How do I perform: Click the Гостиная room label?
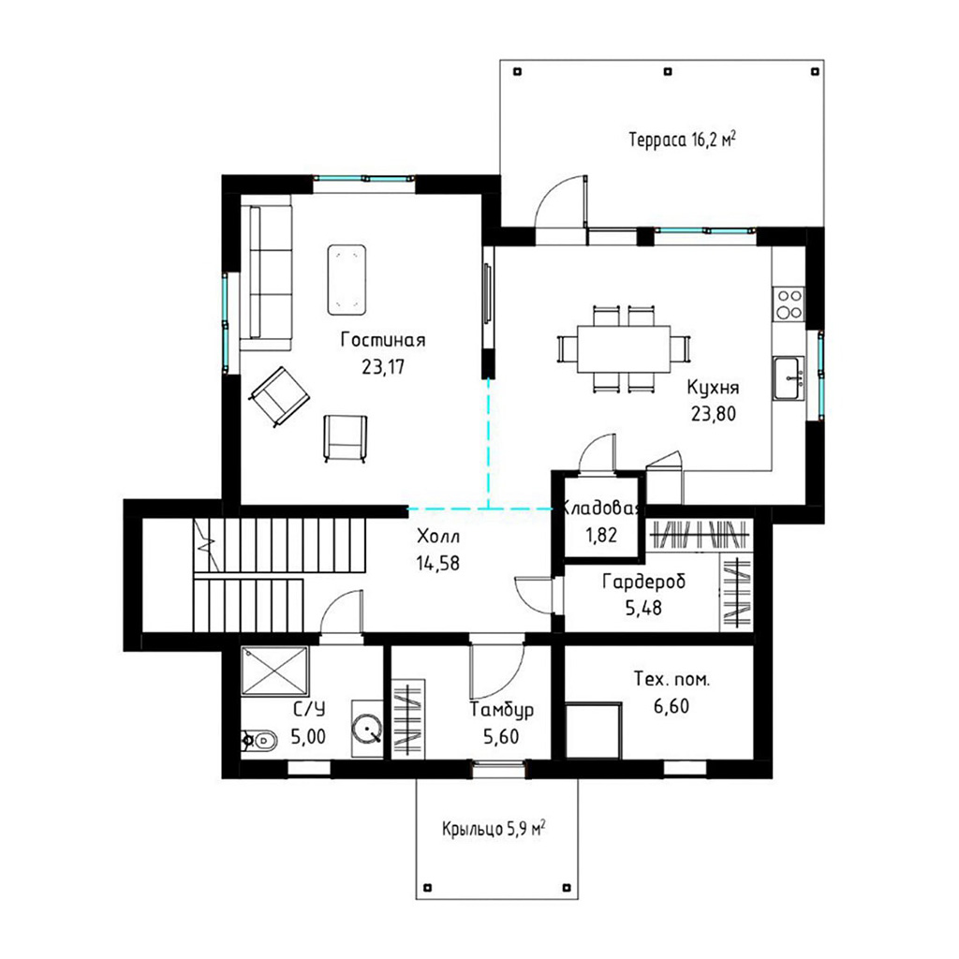point(383,339)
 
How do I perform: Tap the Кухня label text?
point(713,387)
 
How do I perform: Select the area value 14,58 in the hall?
point(438,563)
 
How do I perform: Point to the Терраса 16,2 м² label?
point(682,140)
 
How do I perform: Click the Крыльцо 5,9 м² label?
point(494,830)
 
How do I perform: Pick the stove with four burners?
point(789,304)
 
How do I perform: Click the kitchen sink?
point(789,378)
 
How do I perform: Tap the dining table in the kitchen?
point(624,348)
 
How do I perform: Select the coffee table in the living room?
point(347,279)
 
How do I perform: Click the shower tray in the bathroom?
point(274,671)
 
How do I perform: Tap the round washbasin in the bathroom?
point(367,729)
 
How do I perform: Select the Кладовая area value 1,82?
point(601,535)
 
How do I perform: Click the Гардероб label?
point(644,581)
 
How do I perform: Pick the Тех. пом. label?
point(671,679)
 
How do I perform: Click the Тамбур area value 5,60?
point(501,736)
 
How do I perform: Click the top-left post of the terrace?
point(517,71)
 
